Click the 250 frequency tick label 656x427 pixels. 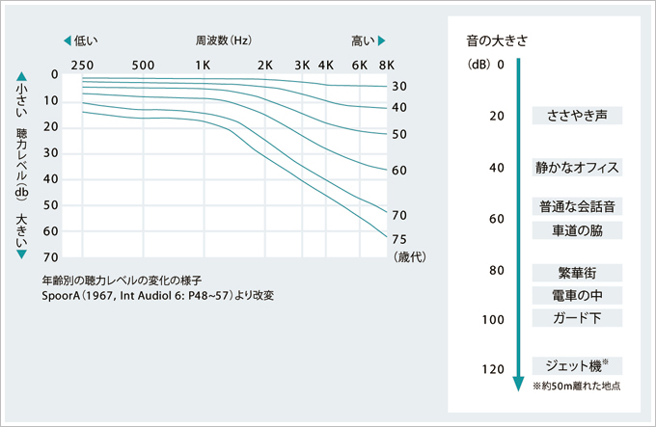[x=81, y=65]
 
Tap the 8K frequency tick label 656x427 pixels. [x=386, y=65]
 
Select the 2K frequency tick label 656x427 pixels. [x=265, y=65]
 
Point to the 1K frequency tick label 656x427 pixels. [x=204, y=65]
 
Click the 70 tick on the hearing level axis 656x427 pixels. [x=53, y=258]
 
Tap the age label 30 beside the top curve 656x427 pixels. [x=399, y=87]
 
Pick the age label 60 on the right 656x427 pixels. [x=399, y=171]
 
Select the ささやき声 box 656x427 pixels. [x=577, y=116]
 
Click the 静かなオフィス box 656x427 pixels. [x=577, y=167]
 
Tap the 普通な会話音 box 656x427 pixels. [x=577, y=205]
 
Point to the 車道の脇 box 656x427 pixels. [x=577, y=230]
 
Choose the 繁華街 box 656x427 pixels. [x=577, y=272]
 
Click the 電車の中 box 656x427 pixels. [x=577, y=295]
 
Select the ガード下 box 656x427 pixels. [x=577, y=318]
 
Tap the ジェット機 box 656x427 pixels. [x=577, y=366]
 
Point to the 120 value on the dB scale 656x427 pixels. [x=493, y=369]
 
